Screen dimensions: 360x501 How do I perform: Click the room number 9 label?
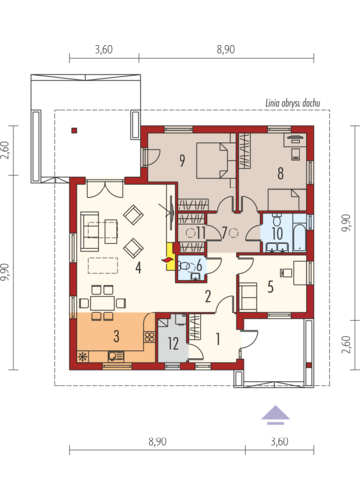(182, 160)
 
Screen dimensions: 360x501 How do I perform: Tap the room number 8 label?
(280, 173)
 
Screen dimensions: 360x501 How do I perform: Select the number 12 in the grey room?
(173, 344)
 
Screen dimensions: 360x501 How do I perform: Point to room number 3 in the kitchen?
(116, 336)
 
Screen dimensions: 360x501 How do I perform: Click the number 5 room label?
(270, 287)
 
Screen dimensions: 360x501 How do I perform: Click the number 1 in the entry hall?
(218, 339)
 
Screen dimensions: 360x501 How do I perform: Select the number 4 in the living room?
(138, 267)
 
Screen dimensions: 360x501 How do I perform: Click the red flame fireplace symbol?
(167, 260)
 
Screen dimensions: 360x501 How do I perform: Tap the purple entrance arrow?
(276, 415)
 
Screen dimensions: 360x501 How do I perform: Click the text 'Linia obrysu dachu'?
(293, 103)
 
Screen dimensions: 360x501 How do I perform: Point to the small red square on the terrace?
(75, 130)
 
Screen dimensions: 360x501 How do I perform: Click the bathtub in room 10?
(300, 233)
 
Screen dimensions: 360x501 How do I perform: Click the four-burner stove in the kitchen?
(149, 337)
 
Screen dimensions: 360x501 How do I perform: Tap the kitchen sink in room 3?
(116, 356)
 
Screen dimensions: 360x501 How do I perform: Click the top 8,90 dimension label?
(226, 50)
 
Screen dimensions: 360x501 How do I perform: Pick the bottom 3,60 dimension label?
(280, 441)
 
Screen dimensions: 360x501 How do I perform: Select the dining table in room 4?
(103, 303)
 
